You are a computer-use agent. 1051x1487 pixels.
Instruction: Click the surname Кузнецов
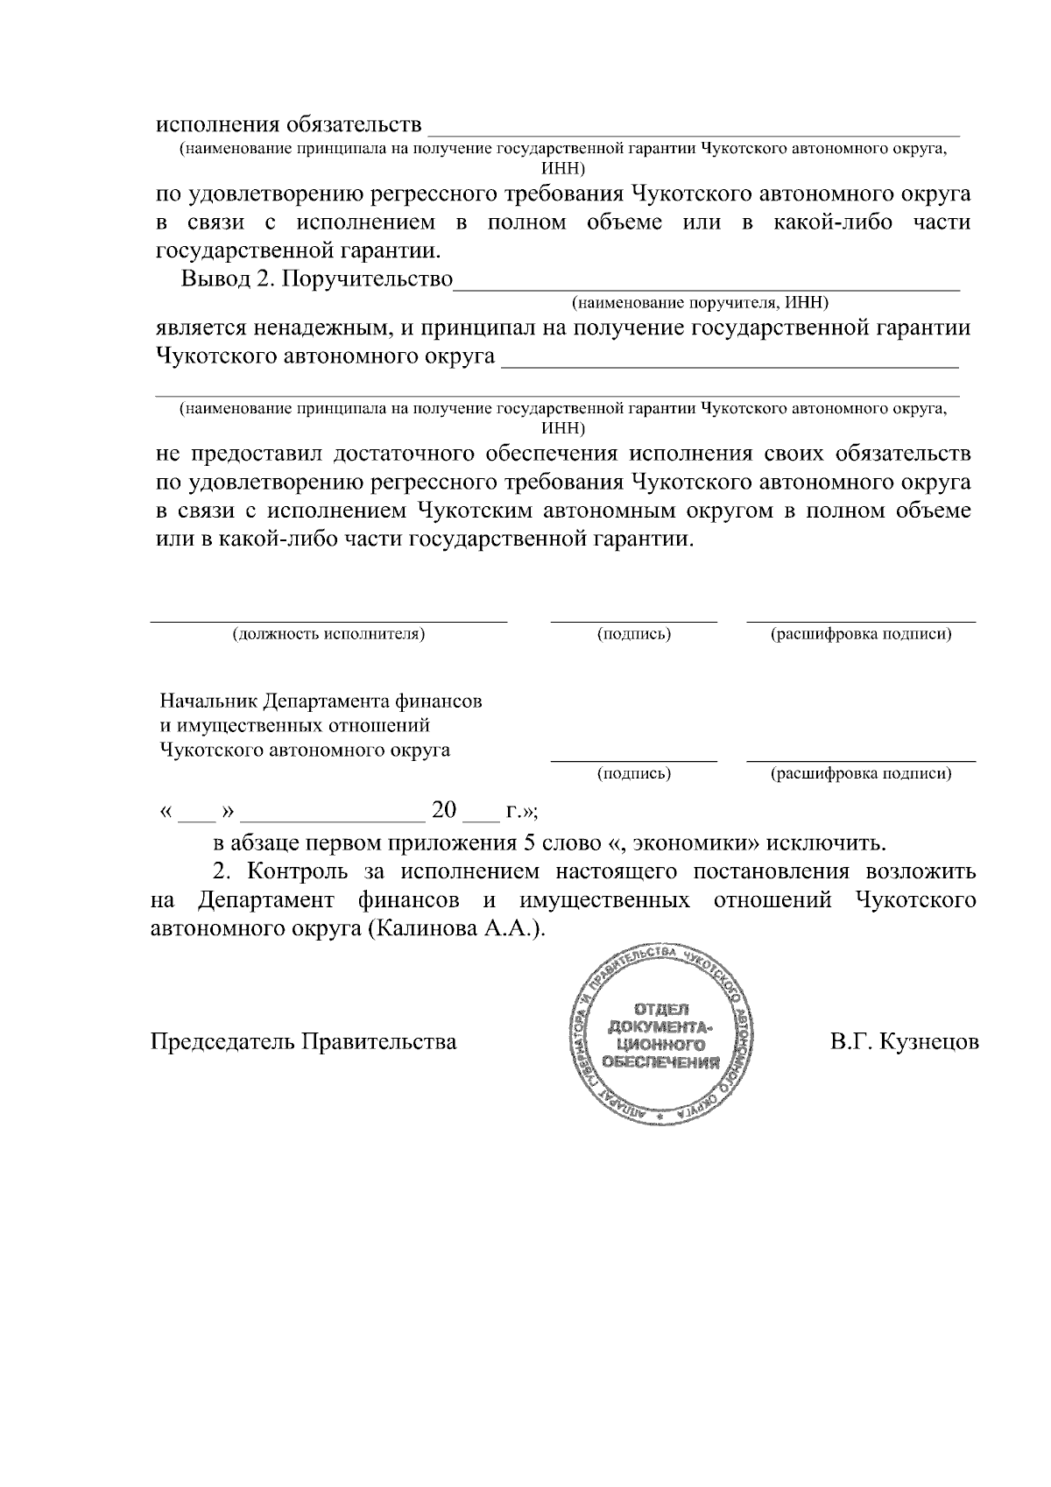[x=930, y=1042]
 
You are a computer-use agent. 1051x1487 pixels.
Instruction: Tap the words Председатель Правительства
[x=304, y=1042]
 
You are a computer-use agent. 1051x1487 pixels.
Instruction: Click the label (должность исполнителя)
[x=328, y=634]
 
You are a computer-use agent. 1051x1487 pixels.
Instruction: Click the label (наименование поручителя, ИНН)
[x=700, y=303]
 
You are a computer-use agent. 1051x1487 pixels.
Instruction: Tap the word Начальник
[x=207, y=702]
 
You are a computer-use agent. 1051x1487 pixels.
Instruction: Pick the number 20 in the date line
[x=445, y=810]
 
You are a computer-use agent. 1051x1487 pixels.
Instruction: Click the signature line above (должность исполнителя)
[x=328, y=620]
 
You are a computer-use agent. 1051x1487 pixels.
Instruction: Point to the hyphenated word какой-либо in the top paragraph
[x=831, y=222]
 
